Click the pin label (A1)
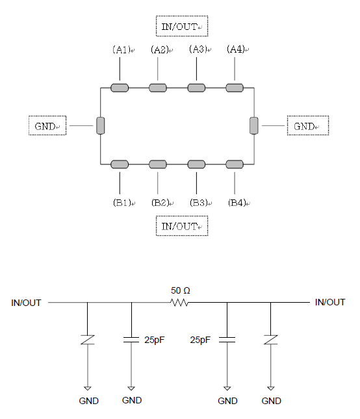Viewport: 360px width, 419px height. pos(122,49)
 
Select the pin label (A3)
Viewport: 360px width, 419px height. pos(198,49)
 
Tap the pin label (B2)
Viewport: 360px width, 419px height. pos(161,203)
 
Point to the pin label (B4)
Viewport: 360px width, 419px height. pos(237,203)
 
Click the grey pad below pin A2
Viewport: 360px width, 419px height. pos(158,88)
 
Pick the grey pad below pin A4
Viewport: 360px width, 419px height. pos(235,88)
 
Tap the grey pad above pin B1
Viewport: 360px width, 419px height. pos(120,164)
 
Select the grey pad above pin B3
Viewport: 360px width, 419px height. pos(196,164)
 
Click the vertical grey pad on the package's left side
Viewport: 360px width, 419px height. pos(101,125)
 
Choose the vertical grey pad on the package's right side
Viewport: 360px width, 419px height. pos(254,125)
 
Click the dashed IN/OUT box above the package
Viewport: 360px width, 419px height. pos(182,26)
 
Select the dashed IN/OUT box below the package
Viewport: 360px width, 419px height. pos(182,226)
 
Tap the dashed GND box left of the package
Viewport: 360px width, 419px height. pos(47,125)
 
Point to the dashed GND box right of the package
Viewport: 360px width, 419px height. pos(308,125)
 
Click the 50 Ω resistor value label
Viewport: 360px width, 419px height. pos(181,290)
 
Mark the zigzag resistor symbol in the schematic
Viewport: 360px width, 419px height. pos(179,303)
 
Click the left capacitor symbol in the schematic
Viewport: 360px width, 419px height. pos(131,340)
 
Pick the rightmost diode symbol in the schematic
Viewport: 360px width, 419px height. pos(271,340)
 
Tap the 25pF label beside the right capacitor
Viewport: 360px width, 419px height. pos(200,340)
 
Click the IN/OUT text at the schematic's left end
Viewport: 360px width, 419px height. pos(26,303)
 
